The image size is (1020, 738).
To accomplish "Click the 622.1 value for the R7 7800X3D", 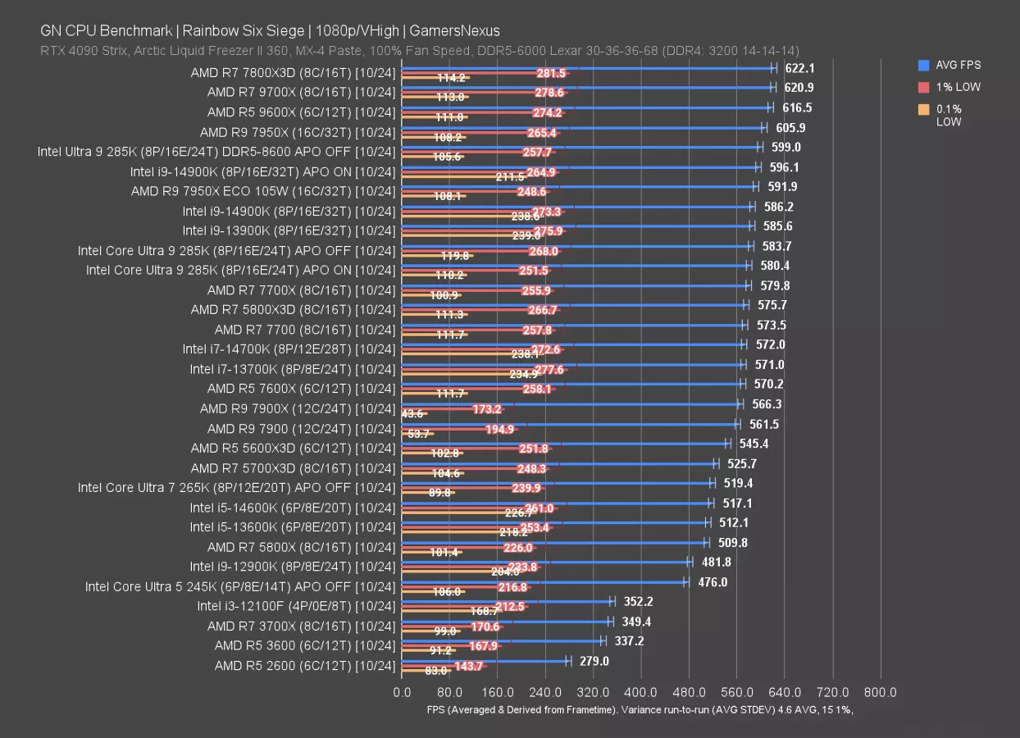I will (x=799, y=68).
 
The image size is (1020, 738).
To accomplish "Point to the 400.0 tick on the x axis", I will (x=641, y=692).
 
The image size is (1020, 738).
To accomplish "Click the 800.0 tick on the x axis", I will (x=881, y=692).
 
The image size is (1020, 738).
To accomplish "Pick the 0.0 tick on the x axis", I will (x=402, y=692).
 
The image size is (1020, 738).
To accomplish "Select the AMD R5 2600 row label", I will (x=304, y=666).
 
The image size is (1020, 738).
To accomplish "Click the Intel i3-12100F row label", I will (x=296, y=606).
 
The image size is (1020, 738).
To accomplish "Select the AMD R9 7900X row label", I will (x=297, y=408).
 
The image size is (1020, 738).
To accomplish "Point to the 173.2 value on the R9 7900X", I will (x=487, y=408).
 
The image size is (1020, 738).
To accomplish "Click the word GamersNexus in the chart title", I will (x=475, y=31).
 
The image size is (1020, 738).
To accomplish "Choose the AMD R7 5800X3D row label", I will (x=293, y=309).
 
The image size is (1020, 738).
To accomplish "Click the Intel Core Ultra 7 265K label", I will (x=236, y=487).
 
